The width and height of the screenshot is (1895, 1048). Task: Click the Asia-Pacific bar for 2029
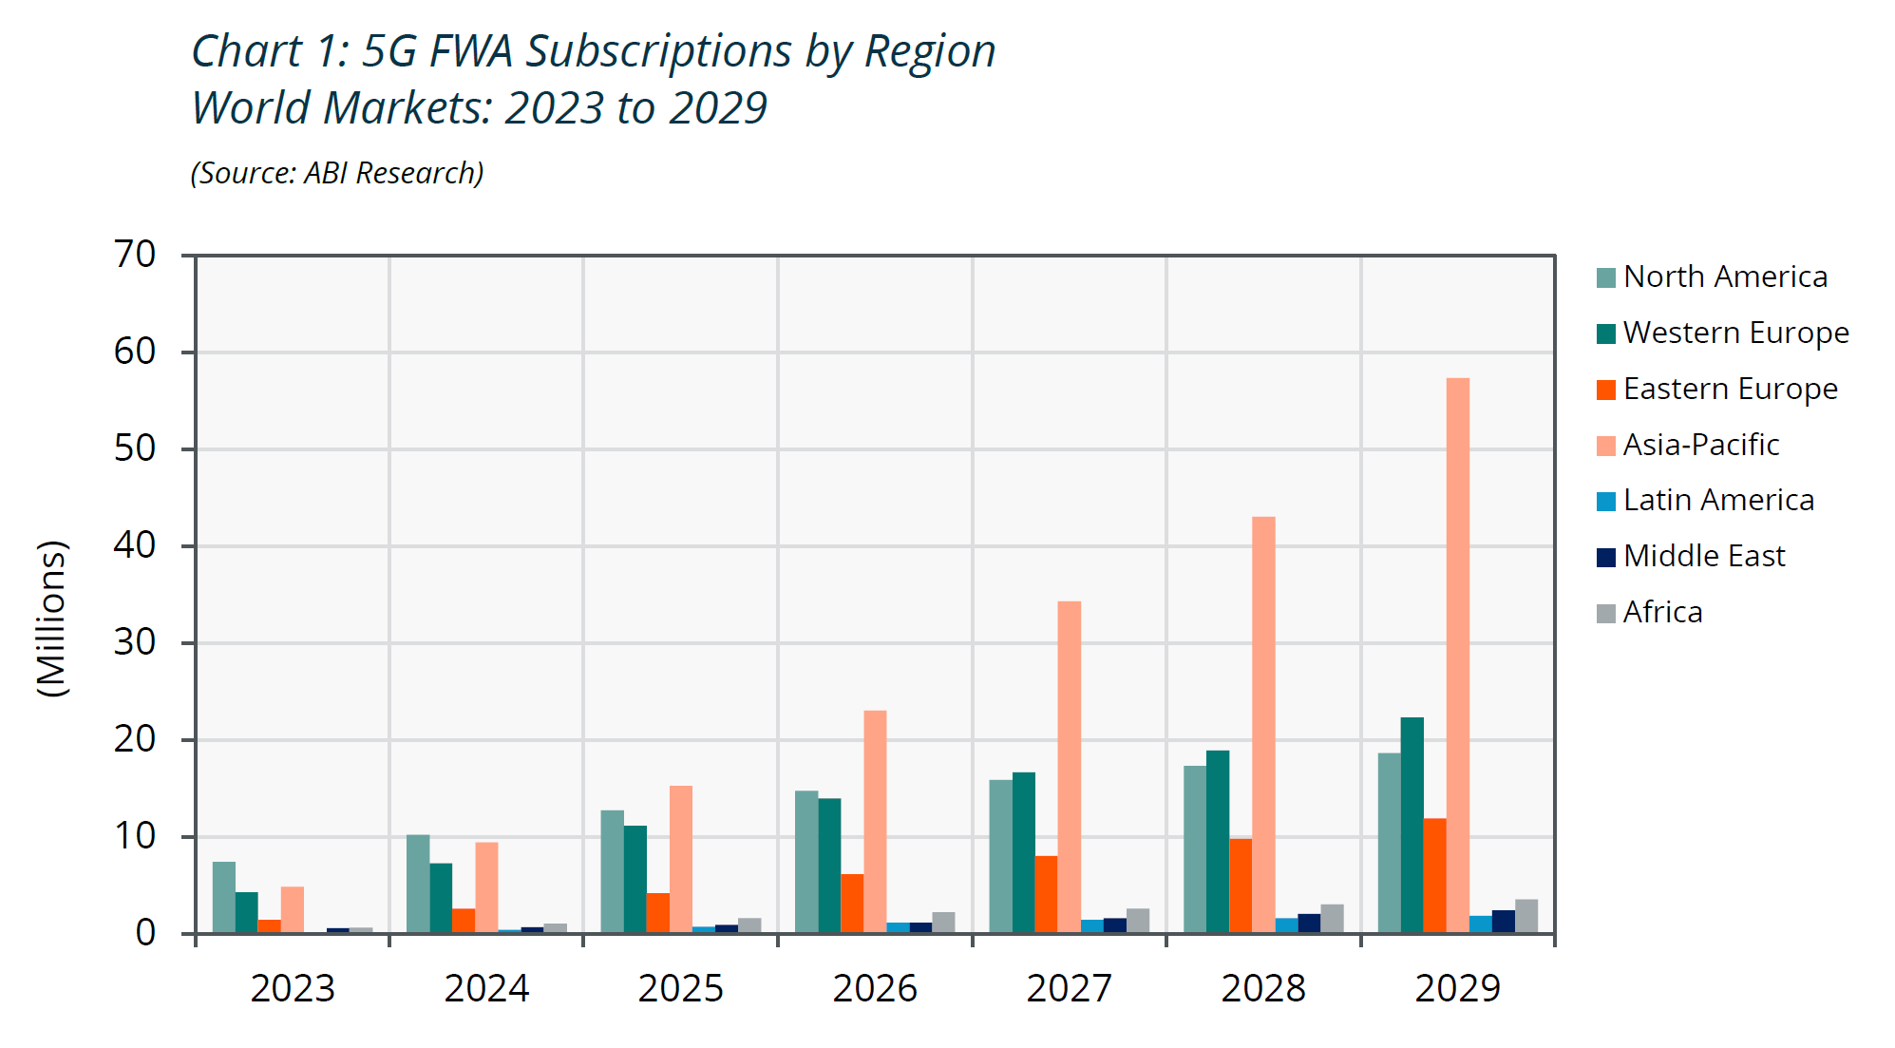pos(1457,656)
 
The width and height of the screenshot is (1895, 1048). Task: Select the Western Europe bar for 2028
pos(1217,842)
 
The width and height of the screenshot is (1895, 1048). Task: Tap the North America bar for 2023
pos(223,897)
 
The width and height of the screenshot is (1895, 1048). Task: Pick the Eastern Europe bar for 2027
pos(1046,894)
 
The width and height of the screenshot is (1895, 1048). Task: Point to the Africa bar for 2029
pos(1525,916)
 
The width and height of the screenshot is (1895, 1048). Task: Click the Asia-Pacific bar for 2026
pos(875,822)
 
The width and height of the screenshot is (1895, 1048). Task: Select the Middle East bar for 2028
pos(1309,924)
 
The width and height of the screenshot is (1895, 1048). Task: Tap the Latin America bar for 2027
pos(1091,926)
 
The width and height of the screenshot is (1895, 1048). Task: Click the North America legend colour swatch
pos(1606,277)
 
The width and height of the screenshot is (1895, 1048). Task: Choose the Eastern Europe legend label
pos(1730,389)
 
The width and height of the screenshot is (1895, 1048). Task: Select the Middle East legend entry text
pos(1704,556)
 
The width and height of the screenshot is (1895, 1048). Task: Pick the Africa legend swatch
pos(1606,613)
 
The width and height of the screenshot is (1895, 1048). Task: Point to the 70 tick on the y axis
pos(135,255)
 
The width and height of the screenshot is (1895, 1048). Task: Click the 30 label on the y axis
pos(135,642)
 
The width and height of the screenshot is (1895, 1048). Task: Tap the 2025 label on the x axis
pos(680,988)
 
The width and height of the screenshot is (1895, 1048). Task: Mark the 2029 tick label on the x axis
pos(1457,988)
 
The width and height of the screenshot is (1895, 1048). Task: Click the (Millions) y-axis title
pos(52,619)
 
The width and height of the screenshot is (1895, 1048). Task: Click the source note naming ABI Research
pos(337,173)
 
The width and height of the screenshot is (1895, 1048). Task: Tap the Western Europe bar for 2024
pos(441,898)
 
